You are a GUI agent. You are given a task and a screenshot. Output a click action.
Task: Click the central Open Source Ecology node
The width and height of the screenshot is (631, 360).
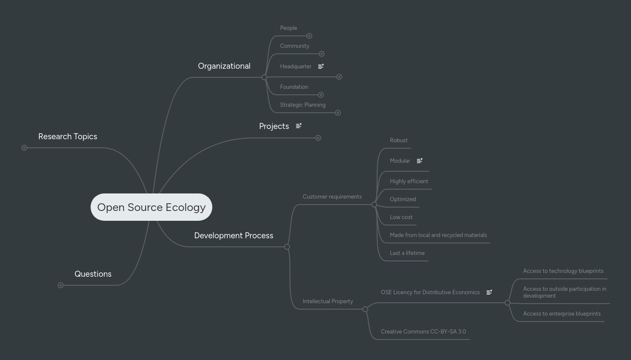pos(151,207)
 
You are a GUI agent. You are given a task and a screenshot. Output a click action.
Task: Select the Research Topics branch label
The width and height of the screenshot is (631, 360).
pos(68,137)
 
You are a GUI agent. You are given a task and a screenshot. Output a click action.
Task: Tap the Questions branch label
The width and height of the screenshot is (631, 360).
pos(93,274)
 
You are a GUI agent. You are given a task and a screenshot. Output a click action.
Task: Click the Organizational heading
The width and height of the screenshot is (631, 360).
pos(224,66)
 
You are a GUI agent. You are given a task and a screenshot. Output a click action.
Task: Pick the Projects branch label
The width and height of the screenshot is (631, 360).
pos(274,126)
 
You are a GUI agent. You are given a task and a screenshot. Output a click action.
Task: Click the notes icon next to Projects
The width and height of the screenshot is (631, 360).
pos(299,126)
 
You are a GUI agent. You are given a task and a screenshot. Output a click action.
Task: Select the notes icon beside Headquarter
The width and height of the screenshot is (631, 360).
pos(321,66)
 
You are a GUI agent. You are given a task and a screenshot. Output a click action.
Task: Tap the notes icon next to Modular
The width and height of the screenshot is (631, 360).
pos(420,161)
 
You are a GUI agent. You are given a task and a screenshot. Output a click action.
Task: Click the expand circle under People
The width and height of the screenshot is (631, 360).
pos(309,36)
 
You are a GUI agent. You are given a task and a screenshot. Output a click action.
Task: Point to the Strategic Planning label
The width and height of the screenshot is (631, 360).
pos(302,105)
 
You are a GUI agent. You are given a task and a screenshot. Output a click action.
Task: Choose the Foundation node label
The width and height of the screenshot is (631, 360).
pos(294,87)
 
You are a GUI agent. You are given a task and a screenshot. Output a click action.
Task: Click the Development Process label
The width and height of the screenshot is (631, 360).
pos(233,236)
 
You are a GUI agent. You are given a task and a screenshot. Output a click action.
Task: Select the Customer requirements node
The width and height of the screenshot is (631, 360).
pos(332,197)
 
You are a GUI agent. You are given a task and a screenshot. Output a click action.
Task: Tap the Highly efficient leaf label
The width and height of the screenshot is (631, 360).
pos(409,181)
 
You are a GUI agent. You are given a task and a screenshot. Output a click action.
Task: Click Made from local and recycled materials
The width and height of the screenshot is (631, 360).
pos(438,235)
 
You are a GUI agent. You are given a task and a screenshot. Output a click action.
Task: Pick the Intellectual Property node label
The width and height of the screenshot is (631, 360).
pos(328,301)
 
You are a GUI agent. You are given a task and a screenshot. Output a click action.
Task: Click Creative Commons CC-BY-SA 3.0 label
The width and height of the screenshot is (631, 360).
pos(423,332)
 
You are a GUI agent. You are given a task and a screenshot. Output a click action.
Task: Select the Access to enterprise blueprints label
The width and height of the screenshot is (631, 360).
pos(561,314)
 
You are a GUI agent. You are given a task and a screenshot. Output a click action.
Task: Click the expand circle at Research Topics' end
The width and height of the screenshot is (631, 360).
pos(24,148)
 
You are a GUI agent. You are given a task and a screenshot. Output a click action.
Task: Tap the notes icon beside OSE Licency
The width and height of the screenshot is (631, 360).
pos(489,293)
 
